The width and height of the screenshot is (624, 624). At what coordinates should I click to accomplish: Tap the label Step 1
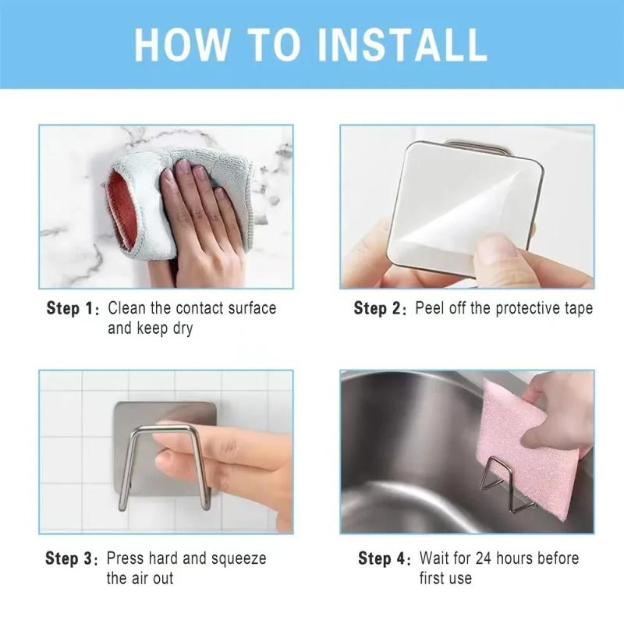[x=73, y=309]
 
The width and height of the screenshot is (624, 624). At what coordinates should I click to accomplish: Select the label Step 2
[x=381, y=309]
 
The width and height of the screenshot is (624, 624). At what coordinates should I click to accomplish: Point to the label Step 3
[x=72, y=558]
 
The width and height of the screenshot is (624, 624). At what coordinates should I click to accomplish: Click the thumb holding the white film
[x=499, y=253]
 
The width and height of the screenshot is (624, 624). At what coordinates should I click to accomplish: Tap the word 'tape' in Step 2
[x=576, y=309]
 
